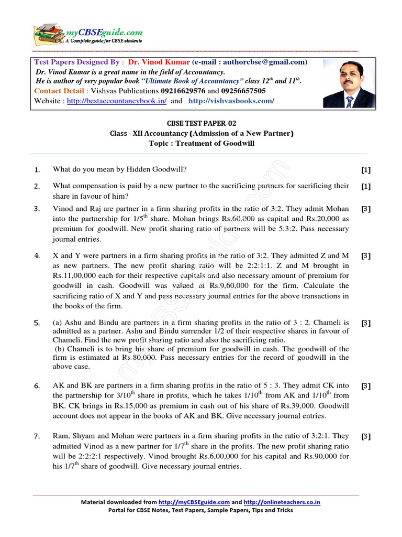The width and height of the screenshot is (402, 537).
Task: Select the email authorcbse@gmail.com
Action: click(x=260, y=62)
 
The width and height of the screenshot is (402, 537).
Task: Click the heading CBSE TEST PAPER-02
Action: click(x=202, y=124)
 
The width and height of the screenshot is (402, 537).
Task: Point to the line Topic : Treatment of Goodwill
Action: click(x=202, y=143)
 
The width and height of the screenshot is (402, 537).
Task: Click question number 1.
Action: click(x=37, y=170)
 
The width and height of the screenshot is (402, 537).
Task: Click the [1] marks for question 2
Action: click(x=365, y=186)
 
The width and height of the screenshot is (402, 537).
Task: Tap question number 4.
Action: click(x=37, y=256)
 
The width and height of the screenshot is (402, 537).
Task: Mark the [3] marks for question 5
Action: click(x=365, y=324)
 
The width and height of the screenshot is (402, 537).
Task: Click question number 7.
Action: click(x=37, y=436)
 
